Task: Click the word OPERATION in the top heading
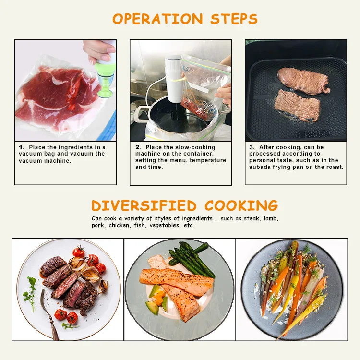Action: pyautogui.click(x=152, y=19)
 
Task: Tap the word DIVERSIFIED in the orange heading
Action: pyautogui.click(x=144, y=205)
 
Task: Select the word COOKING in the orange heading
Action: pyautogui.click(x=241, y=205)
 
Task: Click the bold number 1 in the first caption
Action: pyautogui.click(x=21, y=147)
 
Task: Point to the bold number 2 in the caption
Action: pyautogui.click(x=137, y=147)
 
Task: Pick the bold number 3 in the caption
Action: pyautogui.click(x=251, y=147)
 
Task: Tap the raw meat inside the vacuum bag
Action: pyautogui.click(x=53, y=96)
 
